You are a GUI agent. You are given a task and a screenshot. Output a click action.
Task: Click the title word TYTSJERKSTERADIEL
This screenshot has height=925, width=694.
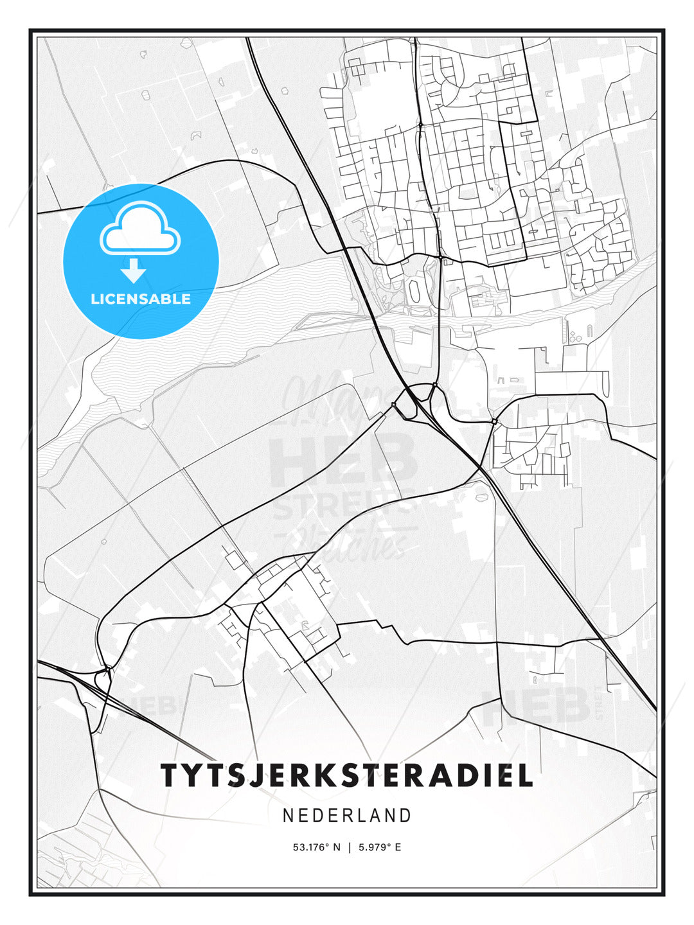(x=347, y=775)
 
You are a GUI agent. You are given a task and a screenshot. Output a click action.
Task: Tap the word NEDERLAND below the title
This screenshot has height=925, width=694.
(x=347, y=816)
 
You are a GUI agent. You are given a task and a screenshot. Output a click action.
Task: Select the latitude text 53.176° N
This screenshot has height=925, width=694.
(x=316, y=847)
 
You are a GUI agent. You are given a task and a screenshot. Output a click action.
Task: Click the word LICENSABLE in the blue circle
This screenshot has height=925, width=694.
(x=141, y=299)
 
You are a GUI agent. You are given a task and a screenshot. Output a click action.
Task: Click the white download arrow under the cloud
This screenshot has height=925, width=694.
(x=134, y=270)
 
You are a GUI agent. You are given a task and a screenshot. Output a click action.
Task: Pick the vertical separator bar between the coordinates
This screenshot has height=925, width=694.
(x=350, y=847)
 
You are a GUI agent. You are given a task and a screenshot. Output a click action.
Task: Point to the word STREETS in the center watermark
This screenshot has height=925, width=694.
(x=344, y=507)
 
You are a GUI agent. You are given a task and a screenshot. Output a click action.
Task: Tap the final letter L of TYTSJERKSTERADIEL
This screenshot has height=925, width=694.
(x=525, y=775)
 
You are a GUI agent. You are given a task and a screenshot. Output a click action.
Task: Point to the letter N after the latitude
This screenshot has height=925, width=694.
(x=336, y=847)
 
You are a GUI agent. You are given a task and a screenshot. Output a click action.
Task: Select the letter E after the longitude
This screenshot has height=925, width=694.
(x=398, y=847)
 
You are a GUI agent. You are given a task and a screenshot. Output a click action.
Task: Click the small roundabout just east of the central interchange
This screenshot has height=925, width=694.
(x=494, y=421)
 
